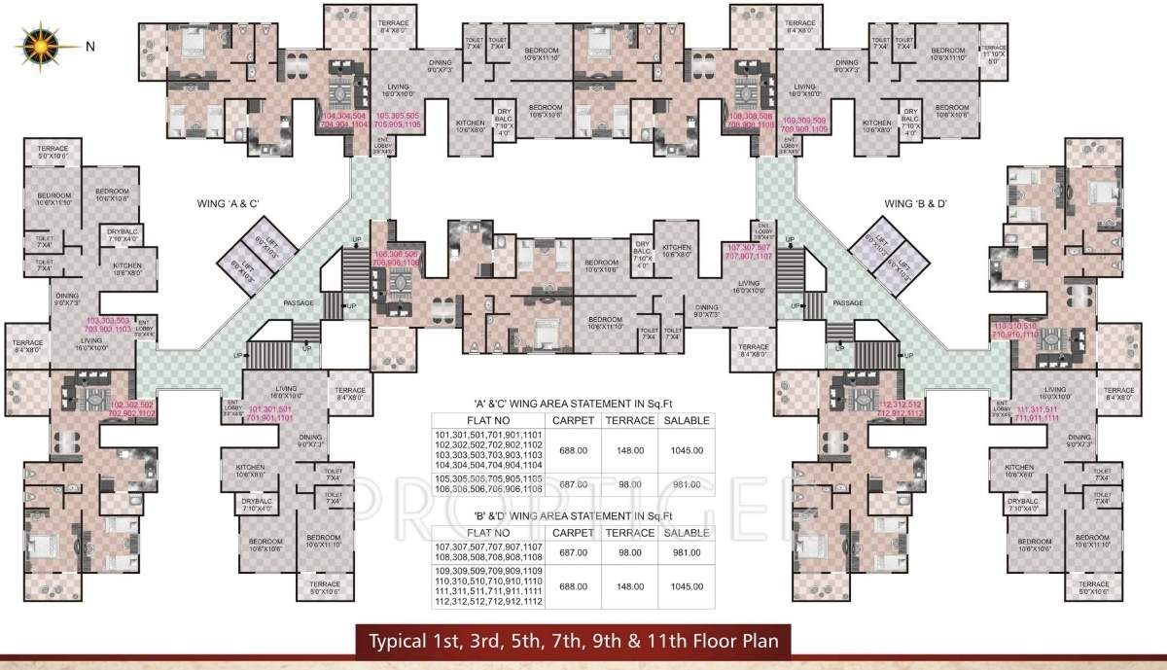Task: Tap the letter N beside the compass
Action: tap(90, 46)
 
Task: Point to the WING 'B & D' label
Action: tap(916, 205)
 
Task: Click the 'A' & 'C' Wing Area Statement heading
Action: tap(572, 402)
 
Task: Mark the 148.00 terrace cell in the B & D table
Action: tap(629, 586)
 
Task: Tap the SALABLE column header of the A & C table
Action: tap(686, 420)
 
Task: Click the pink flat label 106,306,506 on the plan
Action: tap(395, 258)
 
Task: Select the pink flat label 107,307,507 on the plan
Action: tap(747, 254)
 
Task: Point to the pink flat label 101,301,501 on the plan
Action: tap(270, 413)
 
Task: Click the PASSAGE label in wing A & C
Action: tap(299, 302)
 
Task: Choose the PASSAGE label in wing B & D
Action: tap(849, 302)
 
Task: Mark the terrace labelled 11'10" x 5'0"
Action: tap(992, 53)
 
